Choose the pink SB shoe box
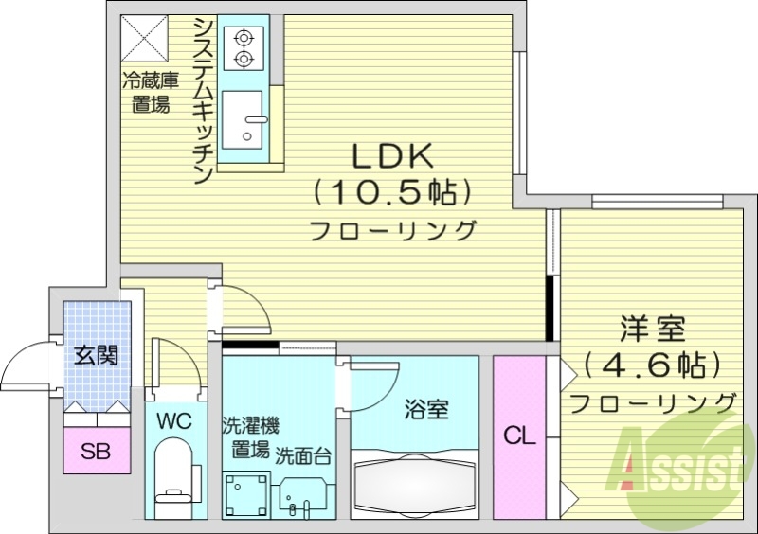(x=94, y=451)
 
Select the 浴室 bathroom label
(x=426, y=410)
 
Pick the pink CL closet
(x=519, y=437)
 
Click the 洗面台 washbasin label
(x=303, y=455)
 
